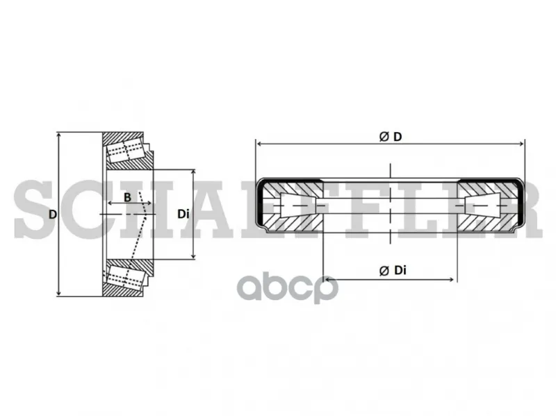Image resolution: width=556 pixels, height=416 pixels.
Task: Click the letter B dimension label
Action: [127, 197]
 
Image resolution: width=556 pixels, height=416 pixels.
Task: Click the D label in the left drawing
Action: [53, 215]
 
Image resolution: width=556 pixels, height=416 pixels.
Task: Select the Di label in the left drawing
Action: [183, 214]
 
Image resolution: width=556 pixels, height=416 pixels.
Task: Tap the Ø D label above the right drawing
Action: [391, 136]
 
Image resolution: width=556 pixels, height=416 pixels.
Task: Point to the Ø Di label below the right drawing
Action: [393, 270]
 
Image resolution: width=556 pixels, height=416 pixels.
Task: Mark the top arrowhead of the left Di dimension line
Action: [193, 172]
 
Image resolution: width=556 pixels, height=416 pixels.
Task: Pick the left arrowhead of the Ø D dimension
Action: [259, 144]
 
